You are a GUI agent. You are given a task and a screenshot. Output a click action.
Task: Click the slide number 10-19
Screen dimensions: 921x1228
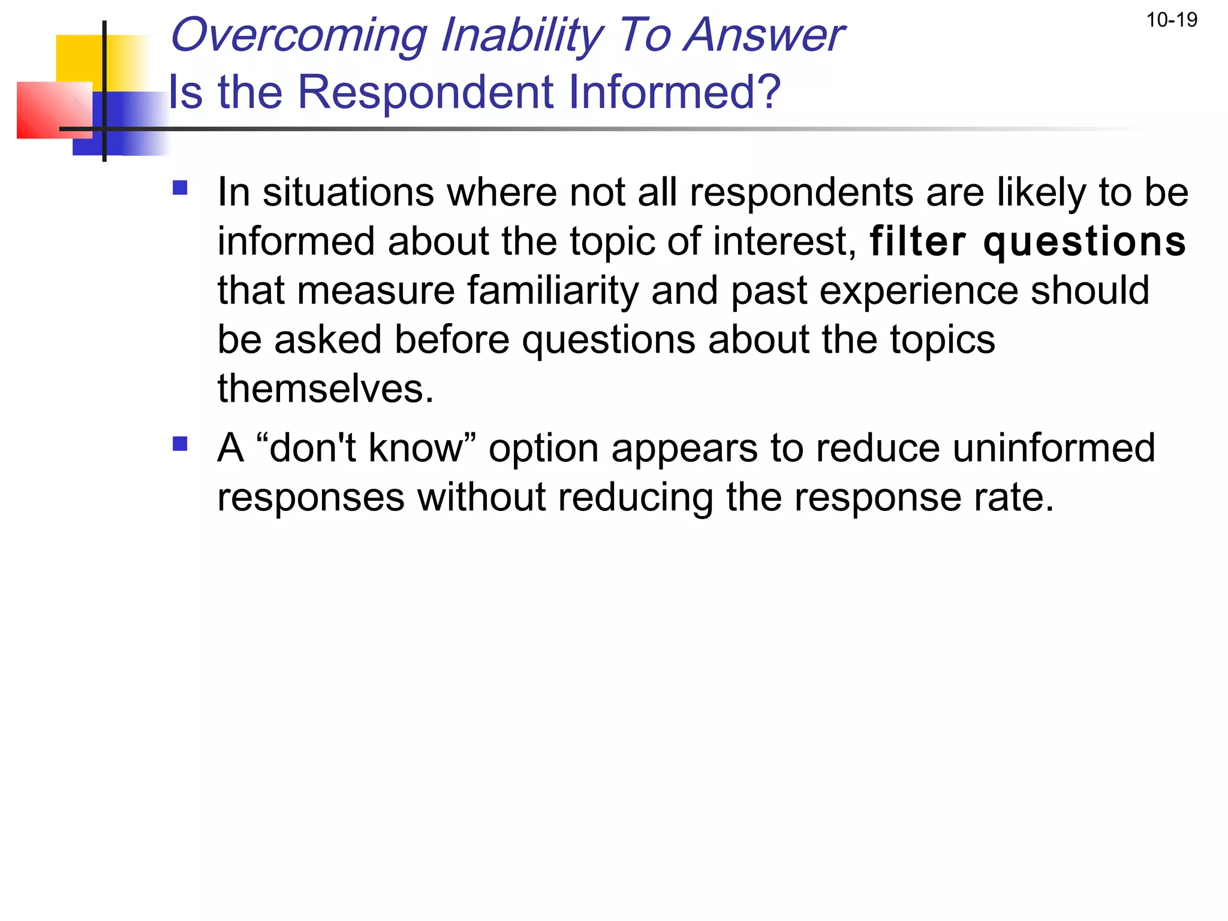point(1171,20)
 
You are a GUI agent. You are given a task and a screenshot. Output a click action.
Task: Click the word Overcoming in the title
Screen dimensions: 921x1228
point(299,36)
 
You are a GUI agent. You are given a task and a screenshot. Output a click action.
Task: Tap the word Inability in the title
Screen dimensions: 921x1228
point(522,36)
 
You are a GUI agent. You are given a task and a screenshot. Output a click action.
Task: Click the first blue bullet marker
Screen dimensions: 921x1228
point(180,189)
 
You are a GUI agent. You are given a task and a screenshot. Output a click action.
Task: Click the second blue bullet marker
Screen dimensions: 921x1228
point(180,444)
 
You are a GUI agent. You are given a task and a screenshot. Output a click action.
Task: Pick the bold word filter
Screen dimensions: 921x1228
point(918,242)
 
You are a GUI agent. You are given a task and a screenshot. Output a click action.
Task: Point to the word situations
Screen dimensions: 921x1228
point(348,193)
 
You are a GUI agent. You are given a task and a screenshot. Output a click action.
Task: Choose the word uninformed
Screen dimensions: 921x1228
point(1053,448)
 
